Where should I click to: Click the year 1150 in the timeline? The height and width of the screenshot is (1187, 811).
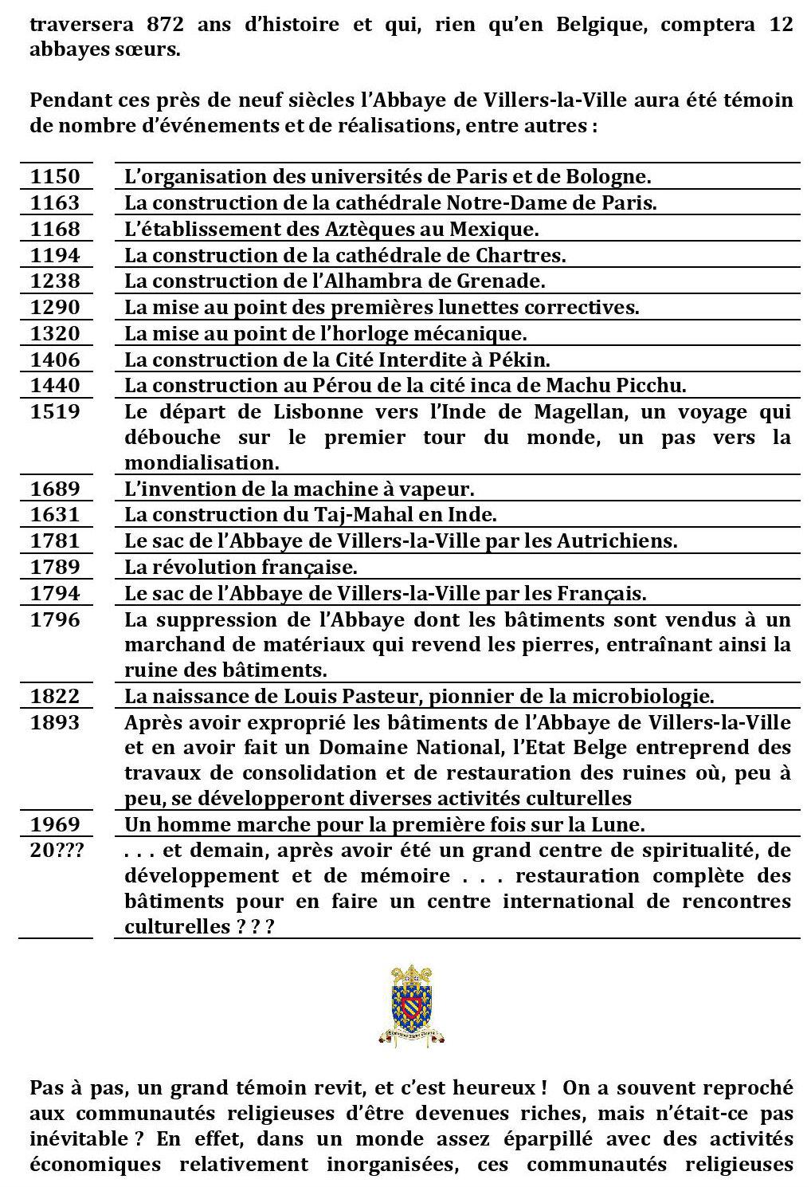55,176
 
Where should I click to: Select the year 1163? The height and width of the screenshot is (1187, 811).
55,202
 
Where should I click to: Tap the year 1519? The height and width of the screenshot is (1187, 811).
55,411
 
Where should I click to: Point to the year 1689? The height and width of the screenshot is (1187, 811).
55,489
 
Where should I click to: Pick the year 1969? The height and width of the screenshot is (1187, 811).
55,823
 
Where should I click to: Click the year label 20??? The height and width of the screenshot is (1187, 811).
57,850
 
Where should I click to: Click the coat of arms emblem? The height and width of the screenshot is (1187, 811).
412,1005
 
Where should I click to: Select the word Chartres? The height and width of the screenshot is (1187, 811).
524,255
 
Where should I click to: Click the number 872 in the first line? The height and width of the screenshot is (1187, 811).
168,23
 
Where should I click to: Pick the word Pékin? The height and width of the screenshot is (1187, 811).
521,359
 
